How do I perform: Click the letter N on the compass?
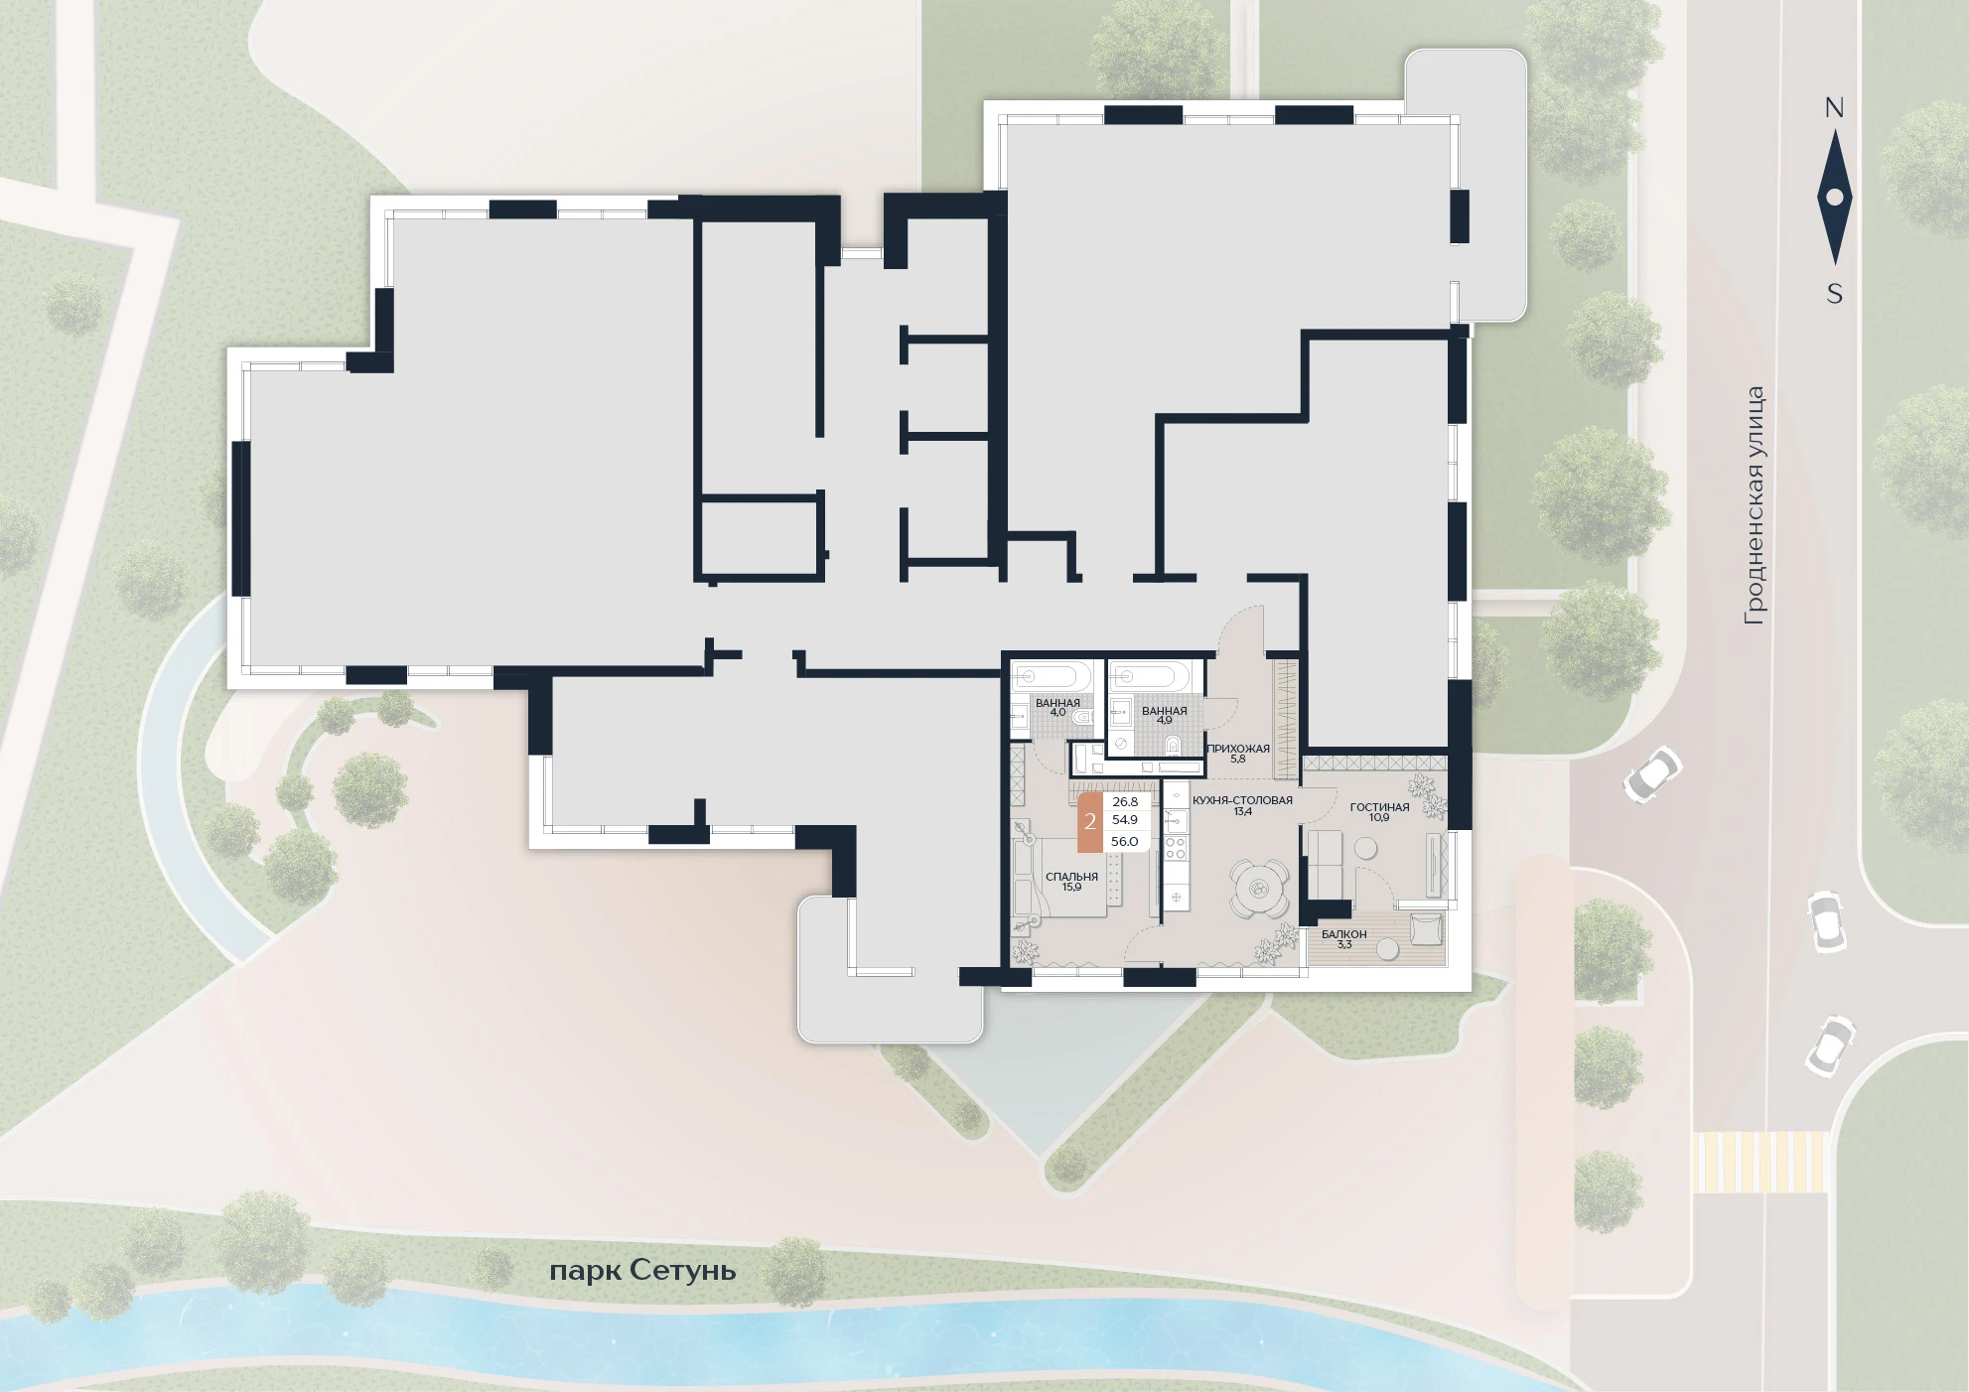click(x=1834, y=108)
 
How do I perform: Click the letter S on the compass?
click(x=1835, y=294)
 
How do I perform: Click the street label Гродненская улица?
click(x=1756, y=505)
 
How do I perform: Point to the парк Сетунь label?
click(x=642, y=1271)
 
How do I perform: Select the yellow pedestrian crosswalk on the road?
click(x=1759, y=1162)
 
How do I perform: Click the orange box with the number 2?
click(x=1090, y=822)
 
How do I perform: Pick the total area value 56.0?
click(x=1124, y=841)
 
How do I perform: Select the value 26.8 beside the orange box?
click(x=1124, y=801)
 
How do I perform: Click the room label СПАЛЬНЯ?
click(x=1071, y=877)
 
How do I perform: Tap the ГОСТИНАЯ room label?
click(x=1379, y=807)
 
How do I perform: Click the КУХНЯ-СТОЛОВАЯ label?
click(x=1242, y=800)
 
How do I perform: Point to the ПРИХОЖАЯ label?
click(x=1238, y=749)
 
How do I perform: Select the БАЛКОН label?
click(x=1343, y=934)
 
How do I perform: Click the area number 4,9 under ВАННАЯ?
click(x=1164, y=721)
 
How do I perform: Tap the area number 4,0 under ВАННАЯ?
click(x=1056, y=712)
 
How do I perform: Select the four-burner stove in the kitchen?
click(x=1176, y=849)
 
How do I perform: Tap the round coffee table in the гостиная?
click(x=1365, y=849)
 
